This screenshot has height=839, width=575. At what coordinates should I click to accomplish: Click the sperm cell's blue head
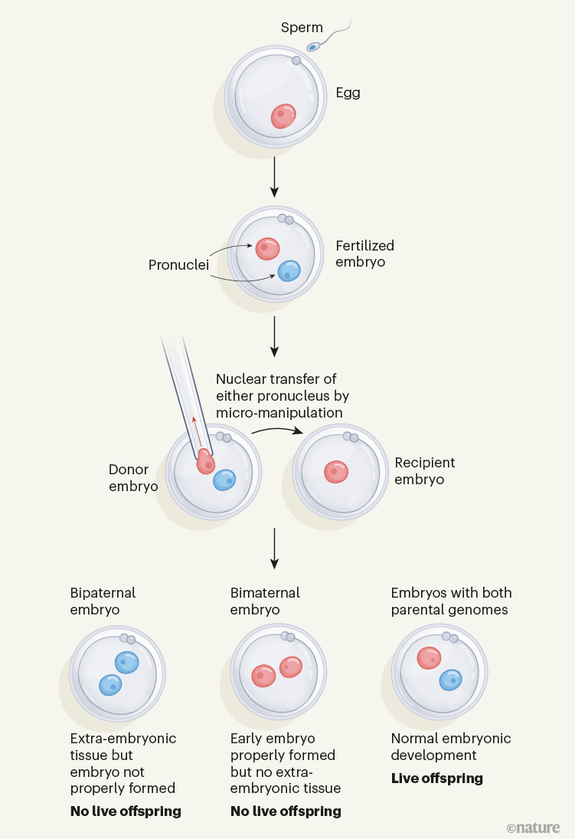coord(313,47)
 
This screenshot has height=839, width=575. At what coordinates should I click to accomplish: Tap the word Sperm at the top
coord(302,28)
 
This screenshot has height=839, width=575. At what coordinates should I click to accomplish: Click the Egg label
coord(348,93)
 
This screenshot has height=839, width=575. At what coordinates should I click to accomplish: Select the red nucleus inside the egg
coord(283,116)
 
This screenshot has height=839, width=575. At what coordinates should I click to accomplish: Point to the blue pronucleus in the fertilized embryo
coord(289,270)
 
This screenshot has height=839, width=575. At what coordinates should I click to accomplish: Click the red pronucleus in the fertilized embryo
coord(267,248)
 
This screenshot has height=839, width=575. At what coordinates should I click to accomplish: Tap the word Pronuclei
coord(178,265)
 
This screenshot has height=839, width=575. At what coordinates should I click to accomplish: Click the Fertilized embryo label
coord(364,254)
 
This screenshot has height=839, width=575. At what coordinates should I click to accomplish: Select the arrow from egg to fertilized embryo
coord(274,175)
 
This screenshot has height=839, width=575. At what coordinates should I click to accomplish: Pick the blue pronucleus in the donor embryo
coord(224,480)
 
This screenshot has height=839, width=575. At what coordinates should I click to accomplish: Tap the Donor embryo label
coord(133,478)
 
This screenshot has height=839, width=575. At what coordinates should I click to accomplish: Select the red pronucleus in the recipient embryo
coord(336,471)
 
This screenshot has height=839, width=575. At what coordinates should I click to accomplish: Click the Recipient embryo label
coord(425,471)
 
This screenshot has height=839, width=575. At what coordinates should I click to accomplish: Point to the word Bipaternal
coord(103,593)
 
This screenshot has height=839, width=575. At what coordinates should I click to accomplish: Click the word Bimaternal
coord(265,593)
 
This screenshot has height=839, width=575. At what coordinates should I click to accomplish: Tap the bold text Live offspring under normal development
coord(436,778)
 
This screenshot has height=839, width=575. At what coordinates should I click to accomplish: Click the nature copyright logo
coord(533,828)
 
